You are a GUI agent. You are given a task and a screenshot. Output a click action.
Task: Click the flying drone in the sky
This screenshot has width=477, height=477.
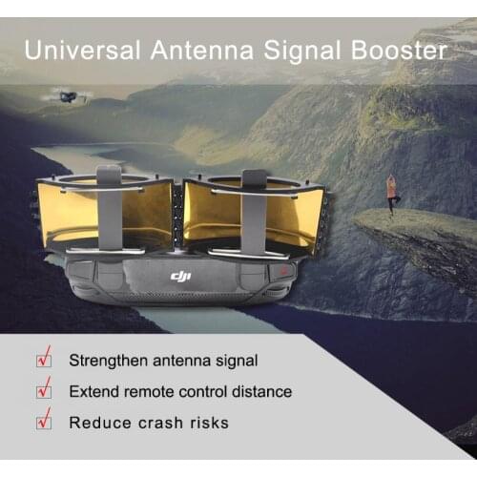(x=68, y=95)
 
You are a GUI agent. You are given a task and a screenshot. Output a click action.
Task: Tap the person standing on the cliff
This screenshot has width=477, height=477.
(x=391, y=193)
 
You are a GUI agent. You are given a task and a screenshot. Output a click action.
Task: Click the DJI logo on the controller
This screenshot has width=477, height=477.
(x=181, y=277)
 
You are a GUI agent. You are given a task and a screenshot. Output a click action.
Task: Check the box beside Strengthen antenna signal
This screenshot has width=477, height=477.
(x=44, y=361)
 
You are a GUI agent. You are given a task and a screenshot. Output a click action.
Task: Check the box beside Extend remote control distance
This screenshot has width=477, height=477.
(x=44, y=391)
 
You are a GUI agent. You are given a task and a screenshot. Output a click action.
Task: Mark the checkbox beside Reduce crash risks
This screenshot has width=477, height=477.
(x=44, y=421)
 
